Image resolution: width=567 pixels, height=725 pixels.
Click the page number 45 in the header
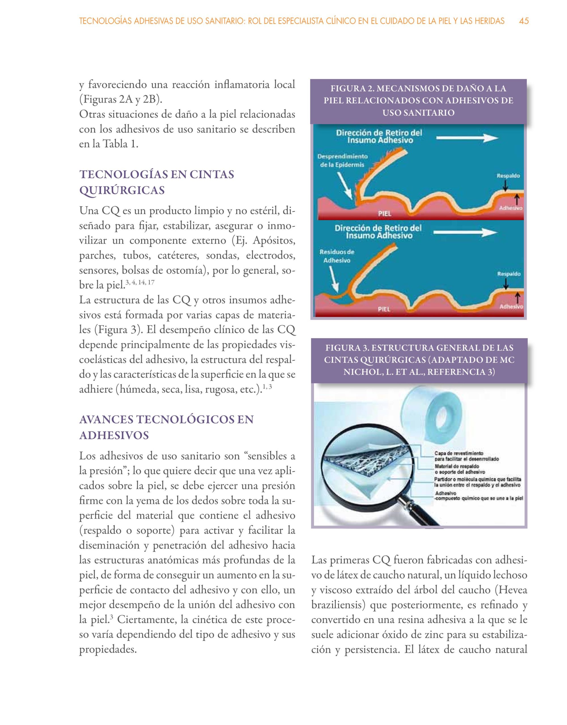click(524, 21)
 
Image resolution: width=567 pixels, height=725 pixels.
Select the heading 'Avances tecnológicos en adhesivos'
click(166, 427)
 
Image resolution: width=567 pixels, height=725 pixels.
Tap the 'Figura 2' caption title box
click(419, 101)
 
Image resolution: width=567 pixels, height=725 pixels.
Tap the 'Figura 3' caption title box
click(419, 360)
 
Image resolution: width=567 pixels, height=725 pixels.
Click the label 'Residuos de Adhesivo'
click(337, 256)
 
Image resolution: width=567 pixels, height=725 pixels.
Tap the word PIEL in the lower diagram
click(385, 309)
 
